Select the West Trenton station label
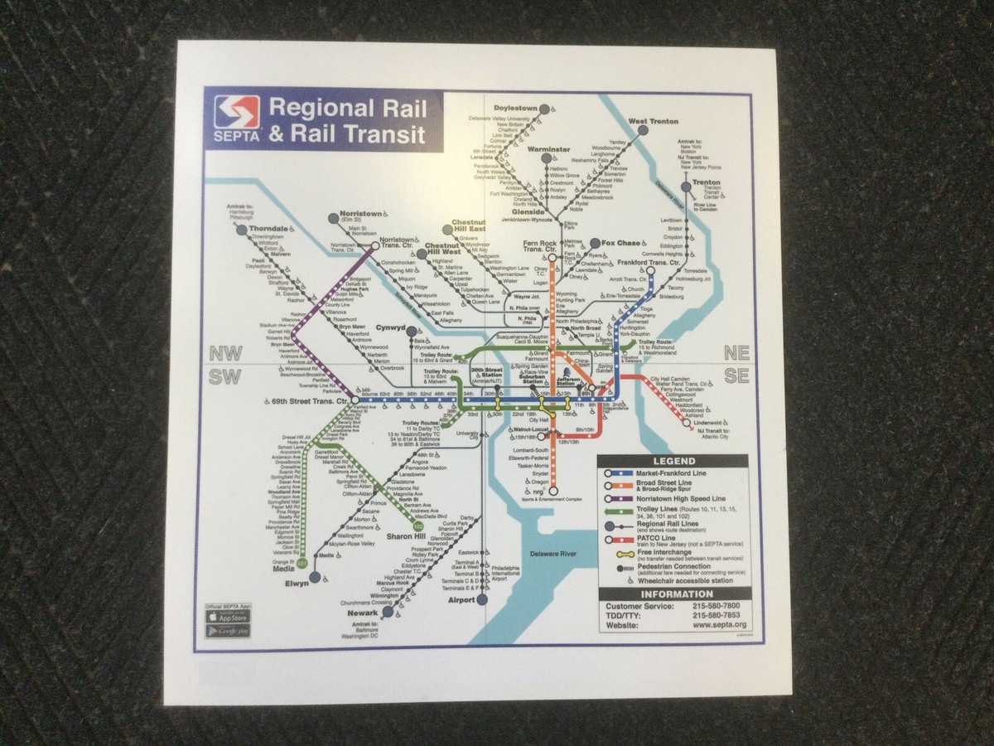click(653, 122)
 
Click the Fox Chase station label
click(620, 243)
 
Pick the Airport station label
click(461, 599)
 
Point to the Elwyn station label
click(296, 584)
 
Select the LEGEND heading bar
click(673, 461)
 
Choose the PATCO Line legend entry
click(663, 539)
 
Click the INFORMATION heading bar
click(673, 593)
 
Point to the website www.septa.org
click(717, 625)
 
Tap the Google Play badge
click(229, 631)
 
